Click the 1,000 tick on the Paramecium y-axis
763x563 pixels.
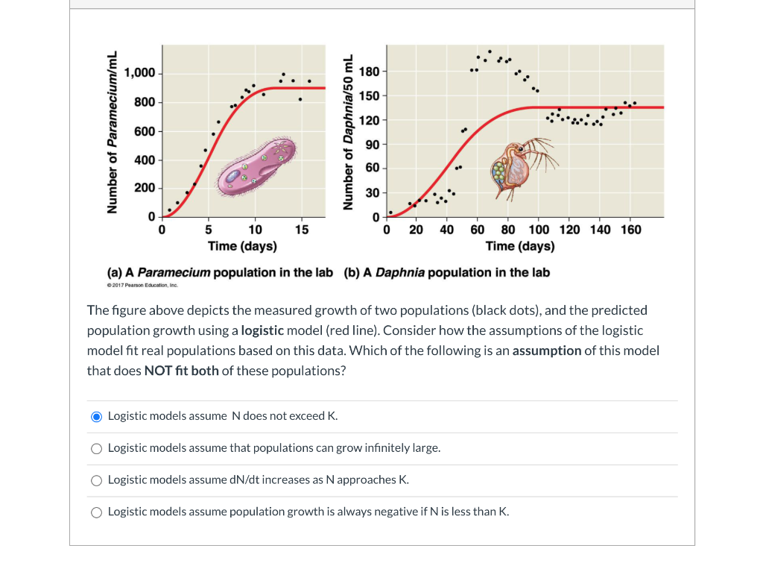[139, 73]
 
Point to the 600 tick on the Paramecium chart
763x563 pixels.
[144, 132]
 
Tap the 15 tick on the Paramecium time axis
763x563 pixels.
[301, 230]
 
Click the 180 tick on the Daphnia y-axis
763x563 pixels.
[369, 72]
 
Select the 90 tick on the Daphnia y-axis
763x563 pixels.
[372, 144]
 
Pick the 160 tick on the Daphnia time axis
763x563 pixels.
[630, 230]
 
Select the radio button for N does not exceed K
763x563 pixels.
[96, 416]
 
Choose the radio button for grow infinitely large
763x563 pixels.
[96, 448]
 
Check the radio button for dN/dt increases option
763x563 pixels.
[96, 480]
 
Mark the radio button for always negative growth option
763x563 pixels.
[96, 512]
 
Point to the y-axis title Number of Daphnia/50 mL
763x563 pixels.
[346, 133]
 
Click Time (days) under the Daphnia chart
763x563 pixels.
[519, 246]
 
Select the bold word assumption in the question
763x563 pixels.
[550, 350]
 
